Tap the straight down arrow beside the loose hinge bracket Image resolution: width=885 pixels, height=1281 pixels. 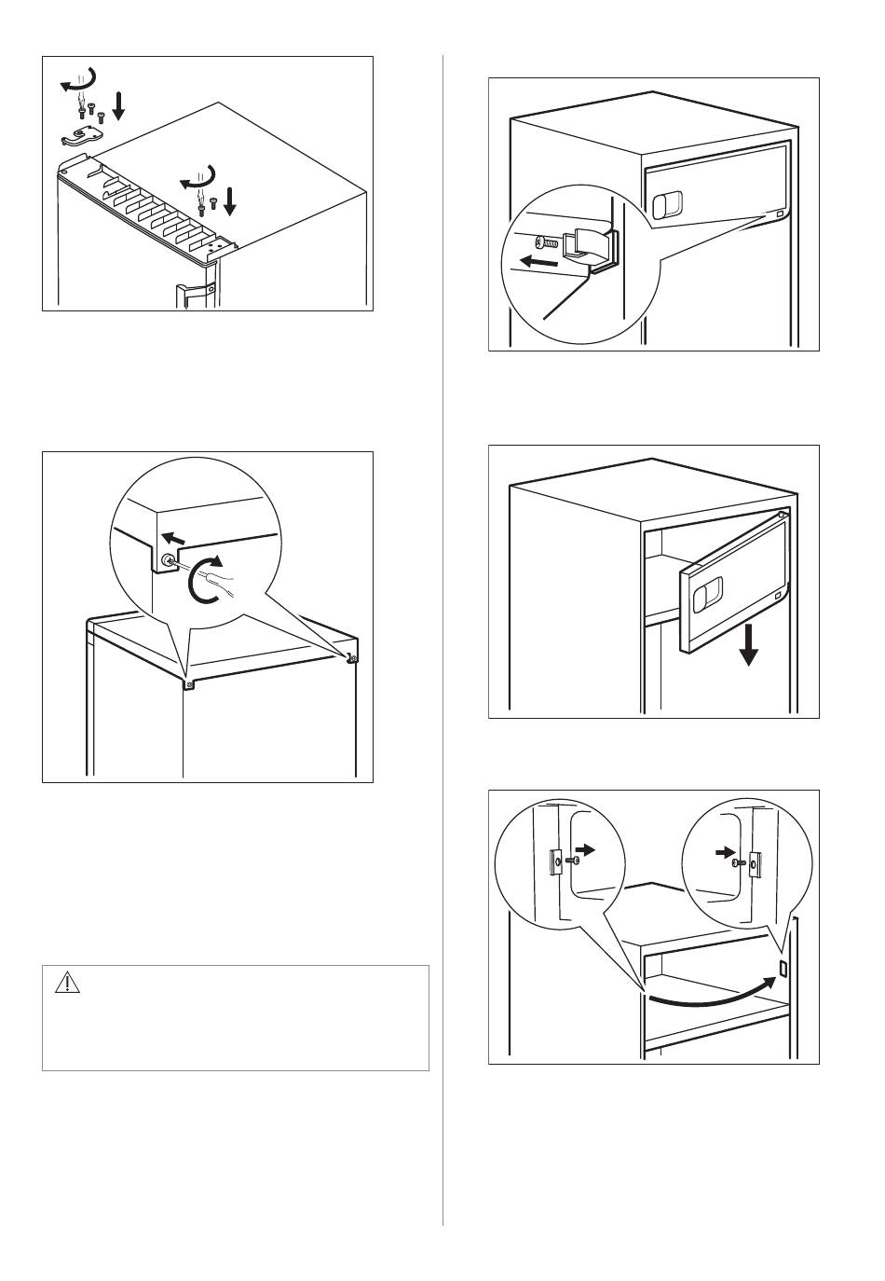[118, 105]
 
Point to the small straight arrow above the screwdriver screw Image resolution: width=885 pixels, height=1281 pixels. [173, 538]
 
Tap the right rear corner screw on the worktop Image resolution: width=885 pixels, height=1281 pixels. [351, 659]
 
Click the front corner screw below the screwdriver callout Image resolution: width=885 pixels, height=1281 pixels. [189, 685]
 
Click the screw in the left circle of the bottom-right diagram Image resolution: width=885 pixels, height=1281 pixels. [558, 861]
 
